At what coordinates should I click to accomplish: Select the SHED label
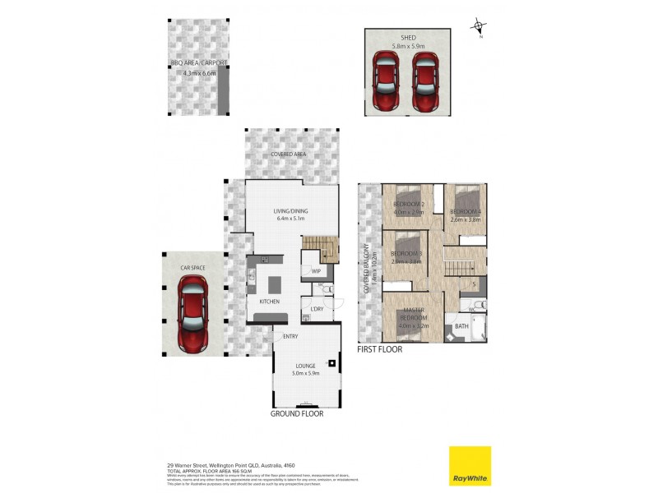(x=408, y=37)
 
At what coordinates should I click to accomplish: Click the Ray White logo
(x=470, y=466)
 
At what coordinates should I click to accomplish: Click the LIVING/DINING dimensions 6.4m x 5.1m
(x=290, y=219)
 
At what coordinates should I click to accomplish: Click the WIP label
(x=316, y=270)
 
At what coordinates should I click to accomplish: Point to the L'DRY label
(x=317, y=309)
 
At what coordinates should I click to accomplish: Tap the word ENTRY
(x=290, y=337)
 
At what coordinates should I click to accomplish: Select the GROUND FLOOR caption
(x=297, y=414)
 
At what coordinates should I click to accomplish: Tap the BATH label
(x=461, y=326)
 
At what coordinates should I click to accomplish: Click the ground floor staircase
(x=320, y=247)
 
